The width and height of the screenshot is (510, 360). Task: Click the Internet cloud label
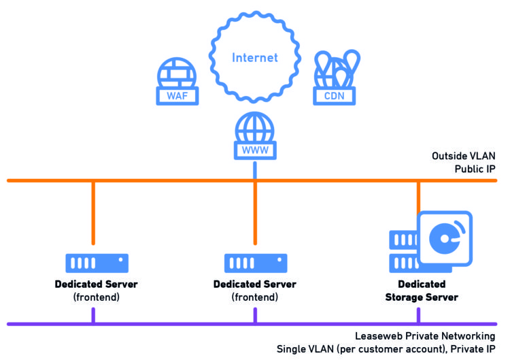[255, 57]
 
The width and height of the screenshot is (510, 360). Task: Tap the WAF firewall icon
[177, 82]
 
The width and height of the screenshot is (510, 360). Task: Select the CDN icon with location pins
[333, 78]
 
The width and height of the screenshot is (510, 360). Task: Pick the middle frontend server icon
[255, 263]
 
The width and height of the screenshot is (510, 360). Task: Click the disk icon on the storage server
[446, 238]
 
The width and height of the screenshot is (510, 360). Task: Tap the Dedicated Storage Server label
[422, 291]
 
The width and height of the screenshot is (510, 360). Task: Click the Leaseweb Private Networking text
[425, 336]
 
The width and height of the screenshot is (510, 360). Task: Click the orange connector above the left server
[92, 212]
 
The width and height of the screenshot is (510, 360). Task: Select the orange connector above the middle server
[255, 212]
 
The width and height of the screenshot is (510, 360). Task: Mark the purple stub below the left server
[92, 315]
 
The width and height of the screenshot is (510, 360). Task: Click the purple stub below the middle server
[255, 315]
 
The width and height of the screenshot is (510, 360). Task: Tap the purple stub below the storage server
[418, 315]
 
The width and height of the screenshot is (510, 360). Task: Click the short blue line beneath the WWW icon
[255, 171]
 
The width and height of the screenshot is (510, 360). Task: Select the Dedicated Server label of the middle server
[254, 284]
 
